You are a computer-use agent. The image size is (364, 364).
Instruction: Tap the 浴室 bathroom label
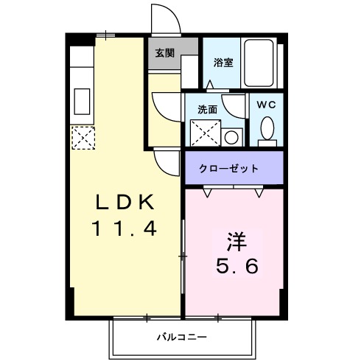(x=223, y=62)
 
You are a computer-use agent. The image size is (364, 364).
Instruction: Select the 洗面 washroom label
(x=207, y=109)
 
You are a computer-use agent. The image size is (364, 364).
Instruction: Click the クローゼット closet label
(x=229, y=168)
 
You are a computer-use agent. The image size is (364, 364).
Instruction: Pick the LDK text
(x=124, y=200)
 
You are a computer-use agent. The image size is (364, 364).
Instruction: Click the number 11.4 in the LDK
(x=124, y=229)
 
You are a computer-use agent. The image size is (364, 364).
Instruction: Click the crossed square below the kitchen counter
(x=82, y=136)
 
